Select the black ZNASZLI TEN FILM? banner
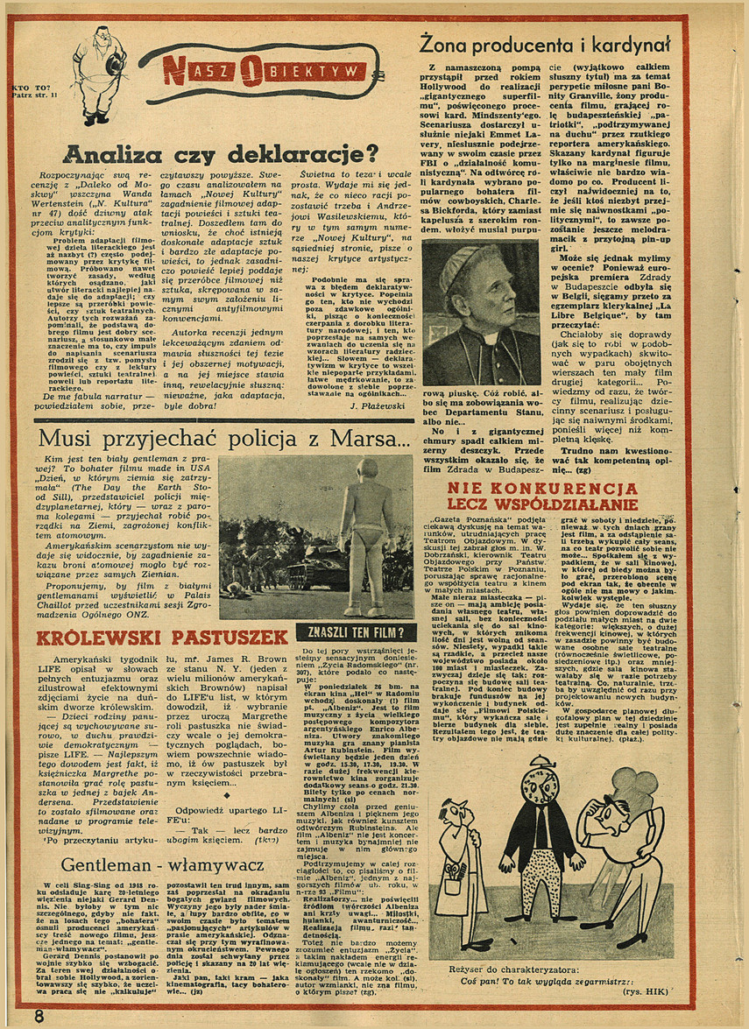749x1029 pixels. [354, 632]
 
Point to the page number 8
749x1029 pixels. [39, 1015]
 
